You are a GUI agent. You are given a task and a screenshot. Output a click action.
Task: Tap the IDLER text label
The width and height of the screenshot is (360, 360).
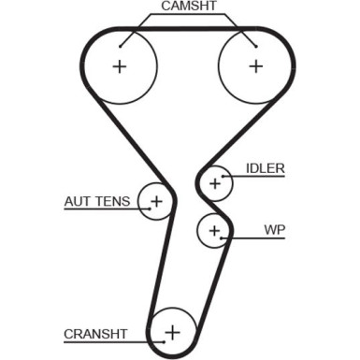tap(265, 168)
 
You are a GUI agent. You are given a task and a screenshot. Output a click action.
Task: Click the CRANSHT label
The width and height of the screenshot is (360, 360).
tap(94, 332)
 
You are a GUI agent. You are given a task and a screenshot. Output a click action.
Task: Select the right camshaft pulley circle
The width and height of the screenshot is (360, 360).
tap(255, 66)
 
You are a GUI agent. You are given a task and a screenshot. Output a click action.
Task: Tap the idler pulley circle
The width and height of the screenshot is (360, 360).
tap(216, 183)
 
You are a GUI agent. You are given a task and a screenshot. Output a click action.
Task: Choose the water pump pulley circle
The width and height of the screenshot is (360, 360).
tap(214, 229)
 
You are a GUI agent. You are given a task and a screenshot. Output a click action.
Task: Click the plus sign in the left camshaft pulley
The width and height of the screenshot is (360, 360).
tap(119, 66)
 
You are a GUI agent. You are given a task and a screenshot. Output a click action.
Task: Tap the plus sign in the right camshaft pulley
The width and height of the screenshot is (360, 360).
tap(255, 66)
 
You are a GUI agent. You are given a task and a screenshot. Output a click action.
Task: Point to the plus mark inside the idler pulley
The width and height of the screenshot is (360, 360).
tap(216, 183)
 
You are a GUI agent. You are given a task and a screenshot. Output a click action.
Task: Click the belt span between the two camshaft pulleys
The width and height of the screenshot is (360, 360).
tap(187, 31)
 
